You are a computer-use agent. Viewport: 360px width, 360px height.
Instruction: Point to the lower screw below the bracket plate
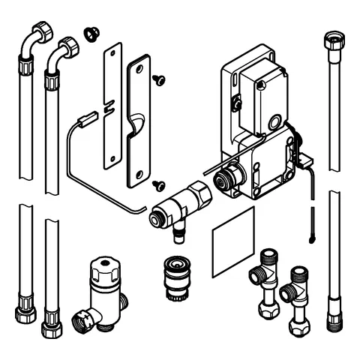click(x=158, y=182)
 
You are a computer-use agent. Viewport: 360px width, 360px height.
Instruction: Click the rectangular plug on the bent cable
click(x=86, y=117)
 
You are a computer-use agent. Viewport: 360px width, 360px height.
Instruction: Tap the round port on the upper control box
click(x=275, y=121)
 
